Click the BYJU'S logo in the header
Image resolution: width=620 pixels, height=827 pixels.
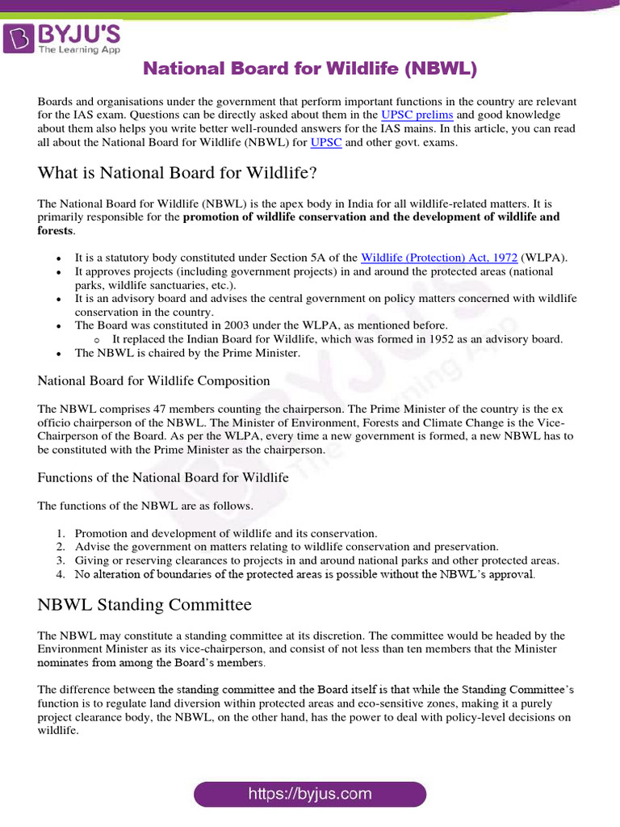pos(62,37)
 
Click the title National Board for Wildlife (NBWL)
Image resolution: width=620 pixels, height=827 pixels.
pos(310,69)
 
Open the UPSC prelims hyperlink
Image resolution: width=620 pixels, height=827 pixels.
pos(417,115)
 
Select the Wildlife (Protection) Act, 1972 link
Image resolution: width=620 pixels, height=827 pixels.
pos(439,258)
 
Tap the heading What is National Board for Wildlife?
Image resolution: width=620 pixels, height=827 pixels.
pos(177,173)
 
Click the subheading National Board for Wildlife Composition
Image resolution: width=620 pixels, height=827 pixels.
pos(153,380)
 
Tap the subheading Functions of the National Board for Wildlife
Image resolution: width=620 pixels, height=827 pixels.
pos(163,477)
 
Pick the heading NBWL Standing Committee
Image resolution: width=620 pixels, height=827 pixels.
pos(145,605)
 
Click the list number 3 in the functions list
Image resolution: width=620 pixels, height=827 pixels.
pos(61,560)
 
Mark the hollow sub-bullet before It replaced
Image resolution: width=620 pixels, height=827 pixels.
pos(97,340)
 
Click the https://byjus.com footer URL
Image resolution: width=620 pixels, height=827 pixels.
pos(310,794)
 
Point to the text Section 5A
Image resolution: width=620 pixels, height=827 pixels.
pos(291,258)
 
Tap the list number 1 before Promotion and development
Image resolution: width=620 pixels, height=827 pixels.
pos(61,534)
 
